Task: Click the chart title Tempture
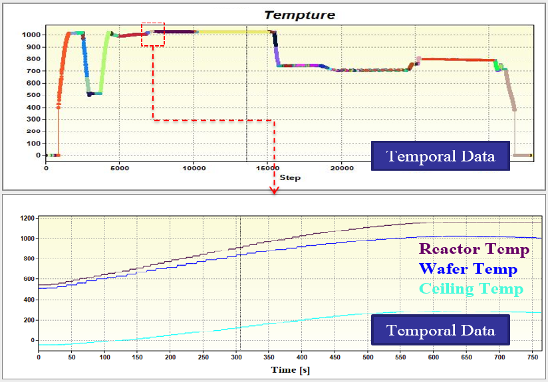(x=299, y=14)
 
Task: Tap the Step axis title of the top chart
(x=290, y=177)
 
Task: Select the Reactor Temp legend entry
(x=474, y=249)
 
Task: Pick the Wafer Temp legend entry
(x=468, y=268)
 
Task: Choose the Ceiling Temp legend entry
(x=471, y=288)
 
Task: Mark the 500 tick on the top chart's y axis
(x=35, y=95)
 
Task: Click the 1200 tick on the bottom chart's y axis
(x=27, y=218)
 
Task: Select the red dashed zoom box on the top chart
(x=153, y=34)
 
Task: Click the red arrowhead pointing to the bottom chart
(x=273, y=191)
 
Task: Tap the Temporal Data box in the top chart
(x=441, y=157)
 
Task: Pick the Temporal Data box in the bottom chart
(x=440, y=330)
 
